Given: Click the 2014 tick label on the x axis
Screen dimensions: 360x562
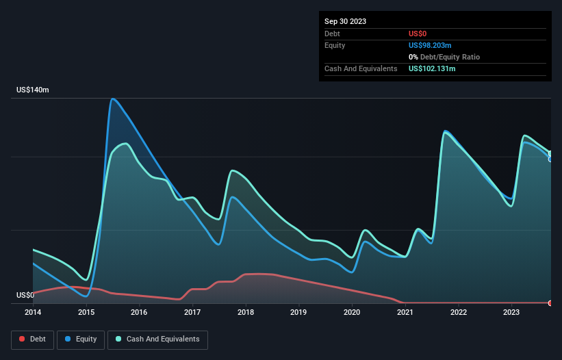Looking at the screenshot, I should coord(33,312).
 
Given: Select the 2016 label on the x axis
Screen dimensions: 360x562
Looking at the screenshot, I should coord(139,312).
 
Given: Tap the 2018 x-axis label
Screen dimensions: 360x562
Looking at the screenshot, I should coord(245,312).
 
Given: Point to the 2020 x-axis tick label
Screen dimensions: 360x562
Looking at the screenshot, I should coord(352,312).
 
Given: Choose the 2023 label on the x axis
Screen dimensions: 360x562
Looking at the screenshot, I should coord(511,312).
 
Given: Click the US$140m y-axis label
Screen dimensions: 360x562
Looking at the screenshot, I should coord(33,90).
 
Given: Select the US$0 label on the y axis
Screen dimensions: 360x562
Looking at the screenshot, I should coord(25,296).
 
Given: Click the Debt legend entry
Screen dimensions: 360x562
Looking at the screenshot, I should coord(32,339).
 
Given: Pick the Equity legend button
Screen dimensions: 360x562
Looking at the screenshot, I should coord(81,339).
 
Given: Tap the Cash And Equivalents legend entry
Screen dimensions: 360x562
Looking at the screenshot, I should coord(157,339).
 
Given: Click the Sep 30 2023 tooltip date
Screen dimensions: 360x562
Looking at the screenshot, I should coord(345,21).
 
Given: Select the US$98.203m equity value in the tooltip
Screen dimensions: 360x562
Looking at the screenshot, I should coord(430,45).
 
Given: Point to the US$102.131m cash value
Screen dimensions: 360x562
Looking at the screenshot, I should coord(432,68).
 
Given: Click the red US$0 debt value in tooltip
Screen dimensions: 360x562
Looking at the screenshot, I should coord(418,34).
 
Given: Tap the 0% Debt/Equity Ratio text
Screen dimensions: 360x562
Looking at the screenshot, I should coord(444,57).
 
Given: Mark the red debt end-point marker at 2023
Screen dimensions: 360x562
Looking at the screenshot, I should coord(550,303).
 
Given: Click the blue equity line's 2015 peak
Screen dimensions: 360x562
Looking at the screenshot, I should coord(112,99).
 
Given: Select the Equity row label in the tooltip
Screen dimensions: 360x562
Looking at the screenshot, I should coord(335,45).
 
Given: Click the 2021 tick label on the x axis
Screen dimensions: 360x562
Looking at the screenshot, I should coord(405,312).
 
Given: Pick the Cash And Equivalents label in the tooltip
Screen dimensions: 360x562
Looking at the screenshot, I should coord(361,68).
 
